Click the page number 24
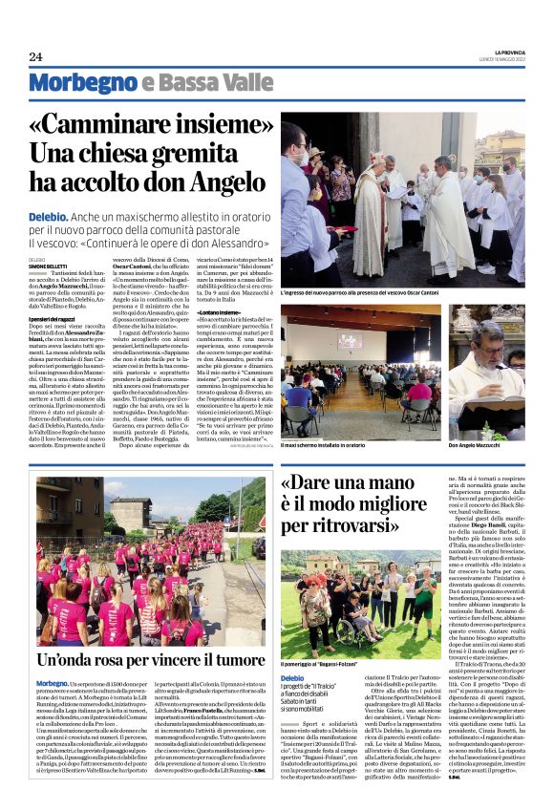pyautogui.click(x=35, y=56)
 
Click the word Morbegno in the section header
pyautogui.click(x=82, y=84)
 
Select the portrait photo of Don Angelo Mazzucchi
pyautogui.click(x=486, y=373)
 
